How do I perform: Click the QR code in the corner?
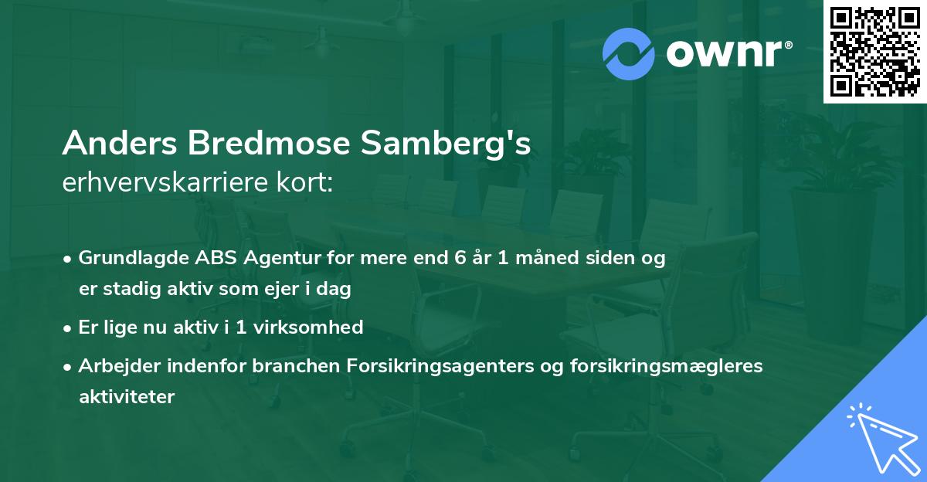pyautogui.click(x=875, y=51)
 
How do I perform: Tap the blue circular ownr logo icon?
pyautogui.click(x=629, y=54)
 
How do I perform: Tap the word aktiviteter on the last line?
pyautogui.click(x=127, y=397)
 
